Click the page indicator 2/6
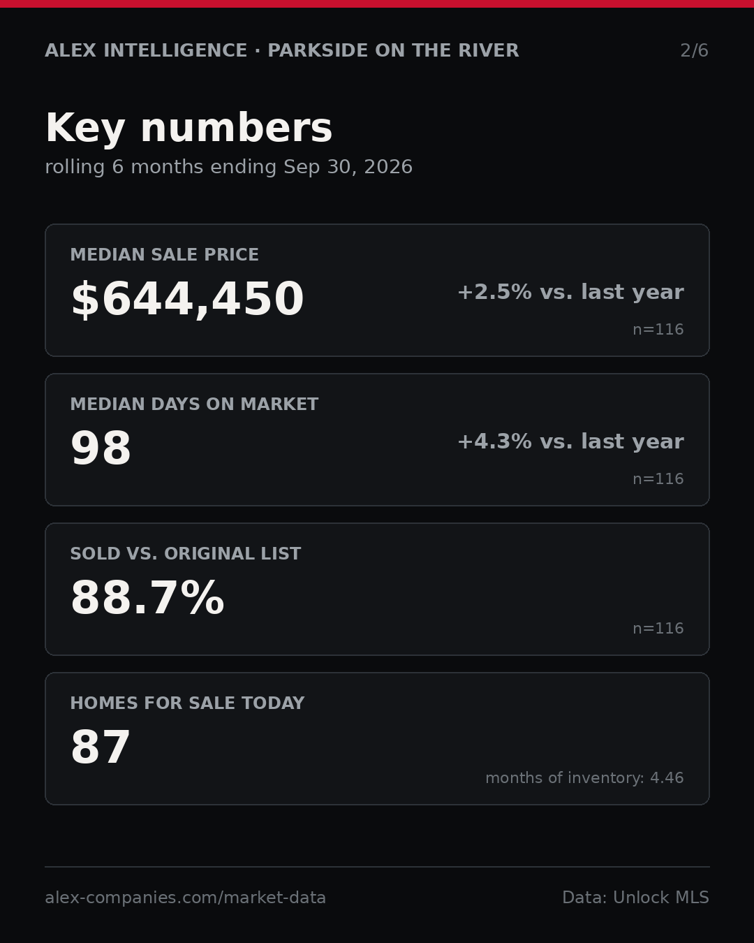click(694, 50)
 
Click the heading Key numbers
click(188, 128)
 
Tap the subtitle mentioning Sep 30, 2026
click(229, 167)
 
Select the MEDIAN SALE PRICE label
click(164, 254)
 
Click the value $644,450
click(188, 299)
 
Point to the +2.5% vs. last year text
click(570, 292)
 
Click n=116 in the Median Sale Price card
click(658, 329)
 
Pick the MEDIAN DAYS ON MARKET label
click(194, 404)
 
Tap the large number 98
click(101, 448)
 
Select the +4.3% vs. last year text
click(570, 441)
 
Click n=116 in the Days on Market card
click(658, 478)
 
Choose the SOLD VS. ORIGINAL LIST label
click(185, 553)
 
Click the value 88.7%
click(147, 597)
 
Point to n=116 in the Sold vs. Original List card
click(658, 628)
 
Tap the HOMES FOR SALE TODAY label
click(187, 703)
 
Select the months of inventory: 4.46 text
click(584, 777)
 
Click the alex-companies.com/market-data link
click(185, 898)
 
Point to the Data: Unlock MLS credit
click(635, 898)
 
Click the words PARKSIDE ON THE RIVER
click(393, 50)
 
